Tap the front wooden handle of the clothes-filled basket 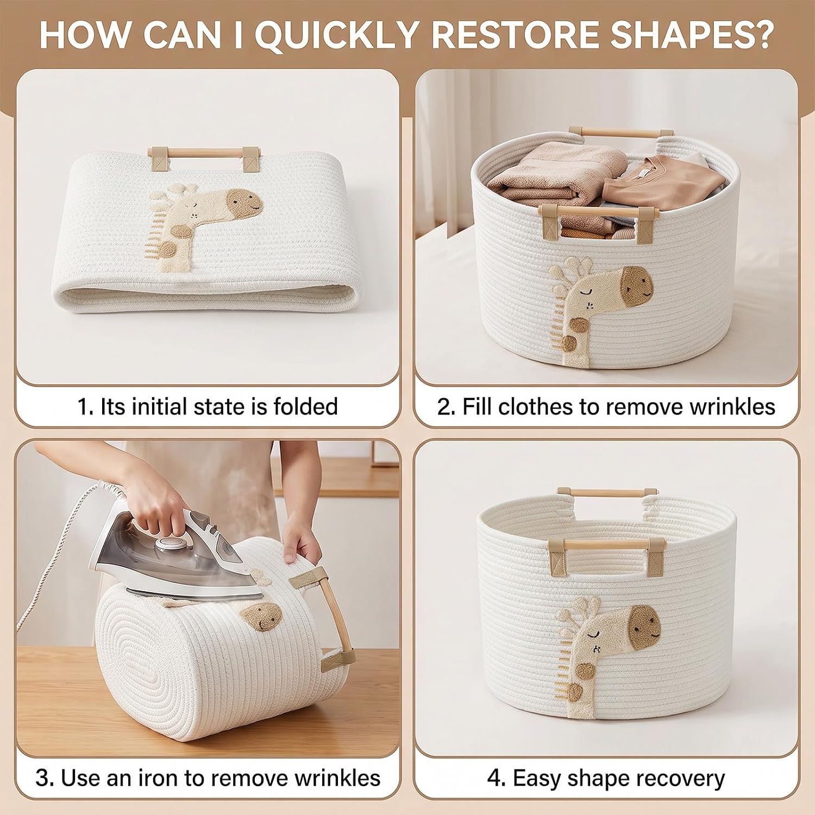tap(598, 210)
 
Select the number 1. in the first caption tap(86, 406)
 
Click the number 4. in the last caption tap(496, 779)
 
